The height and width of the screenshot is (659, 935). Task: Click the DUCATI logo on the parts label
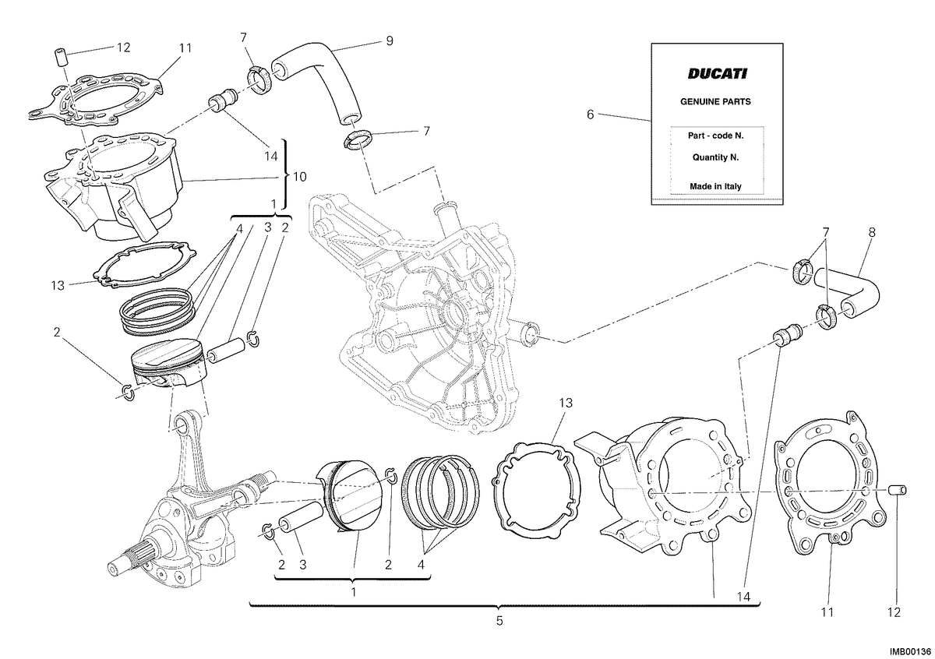coord(717,74)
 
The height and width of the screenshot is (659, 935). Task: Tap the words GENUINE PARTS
coord(715,101)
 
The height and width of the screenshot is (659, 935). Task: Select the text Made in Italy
coord(715,186)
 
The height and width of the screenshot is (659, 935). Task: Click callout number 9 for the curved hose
coord(389,41)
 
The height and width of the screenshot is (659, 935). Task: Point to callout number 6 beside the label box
coord(590,115)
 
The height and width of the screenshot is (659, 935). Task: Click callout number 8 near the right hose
coord(872,232)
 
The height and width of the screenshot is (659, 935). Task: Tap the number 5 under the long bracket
coord(499,621)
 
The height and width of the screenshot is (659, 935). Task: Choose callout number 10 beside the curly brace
coord(300,177)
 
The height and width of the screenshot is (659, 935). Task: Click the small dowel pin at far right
coord(897,490)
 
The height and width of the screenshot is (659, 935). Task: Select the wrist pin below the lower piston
coord(301,517)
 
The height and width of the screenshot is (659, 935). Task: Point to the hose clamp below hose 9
coord(358,139)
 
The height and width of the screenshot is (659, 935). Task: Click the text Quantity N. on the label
coord(715,158)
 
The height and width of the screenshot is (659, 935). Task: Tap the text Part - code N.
coord(715,136)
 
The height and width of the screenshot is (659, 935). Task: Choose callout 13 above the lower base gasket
coord(566,404)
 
